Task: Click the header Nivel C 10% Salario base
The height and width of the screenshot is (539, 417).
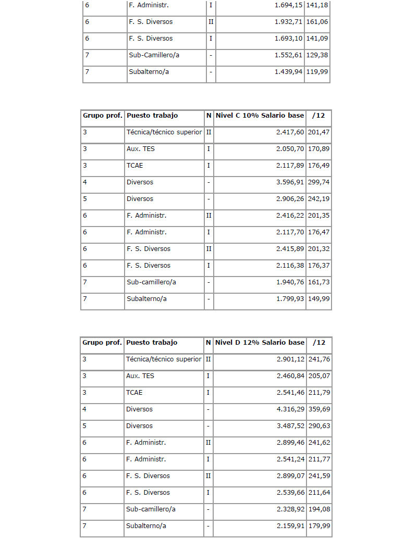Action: (260, 116)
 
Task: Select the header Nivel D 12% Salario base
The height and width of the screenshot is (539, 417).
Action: (260, 343)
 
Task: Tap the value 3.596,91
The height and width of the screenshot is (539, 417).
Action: (290, 182)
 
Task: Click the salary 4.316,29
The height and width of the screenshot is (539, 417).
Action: (290, 409)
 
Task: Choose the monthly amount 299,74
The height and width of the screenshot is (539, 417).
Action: (318, 182)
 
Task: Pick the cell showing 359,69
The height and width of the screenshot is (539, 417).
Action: (318, 409)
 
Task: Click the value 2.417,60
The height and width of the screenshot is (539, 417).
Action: (290, 132)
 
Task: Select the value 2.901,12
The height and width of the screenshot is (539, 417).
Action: (290, 359)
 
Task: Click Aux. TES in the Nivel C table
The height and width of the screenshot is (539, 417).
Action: (140, 149)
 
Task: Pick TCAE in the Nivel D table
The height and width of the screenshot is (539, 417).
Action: (134, 393)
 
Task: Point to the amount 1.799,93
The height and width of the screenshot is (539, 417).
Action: (290, 299)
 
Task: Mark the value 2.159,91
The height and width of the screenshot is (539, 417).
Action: (290, 526)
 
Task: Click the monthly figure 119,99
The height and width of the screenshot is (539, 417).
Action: (317, 72)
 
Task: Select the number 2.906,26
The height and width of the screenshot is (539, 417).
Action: (290, 199)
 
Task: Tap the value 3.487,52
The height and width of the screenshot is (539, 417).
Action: (290, 426)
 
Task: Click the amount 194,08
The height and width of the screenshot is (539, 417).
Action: (318, 509)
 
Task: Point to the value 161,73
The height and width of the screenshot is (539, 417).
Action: (318, 282)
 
